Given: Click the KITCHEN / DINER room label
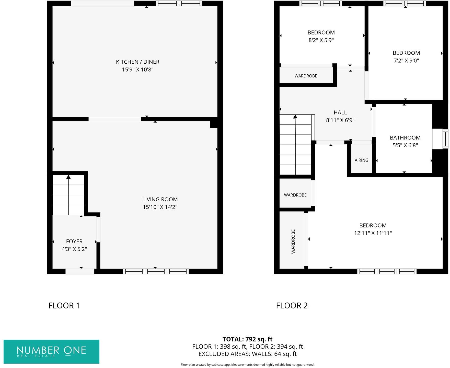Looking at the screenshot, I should (137, 62).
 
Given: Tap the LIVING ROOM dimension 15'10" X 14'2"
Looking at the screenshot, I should (160, 207).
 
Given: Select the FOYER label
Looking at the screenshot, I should (74, 241).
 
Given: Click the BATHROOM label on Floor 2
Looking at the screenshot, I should (405, 138).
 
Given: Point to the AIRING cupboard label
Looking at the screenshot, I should (361, 160).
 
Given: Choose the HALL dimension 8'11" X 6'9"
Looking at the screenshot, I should (340, 120).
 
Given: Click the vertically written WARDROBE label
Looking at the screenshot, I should (293, 241).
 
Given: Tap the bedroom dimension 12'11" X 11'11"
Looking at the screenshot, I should (373, 233).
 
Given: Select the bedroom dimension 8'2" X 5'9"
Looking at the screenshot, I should (321, 40).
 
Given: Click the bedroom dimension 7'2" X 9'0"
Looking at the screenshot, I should (406, 61).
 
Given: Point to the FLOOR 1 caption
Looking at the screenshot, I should (64, 306).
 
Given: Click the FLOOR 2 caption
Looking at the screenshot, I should (292, 306).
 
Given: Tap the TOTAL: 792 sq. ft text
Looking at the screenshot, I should (247, 339).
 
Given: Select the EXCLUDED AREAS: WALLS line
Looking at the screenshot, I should (247, 354).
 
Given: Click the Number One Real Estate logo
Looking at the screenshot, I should (51, 352).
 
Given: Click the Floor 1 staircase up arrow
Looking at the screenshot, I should (68, 177).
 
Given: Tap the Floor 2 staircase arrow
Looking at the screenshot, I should (295, 117).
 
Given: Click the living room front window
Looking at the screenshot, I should (156, 271).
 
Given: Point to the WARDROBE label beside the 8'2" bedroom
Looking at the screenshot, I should (306, 76).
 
